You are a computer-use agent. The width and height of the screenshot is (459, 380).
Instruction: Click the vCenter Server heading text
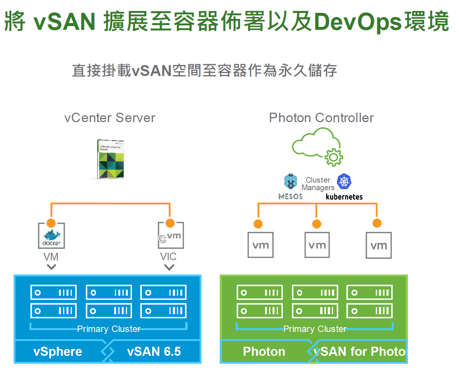point(110,118)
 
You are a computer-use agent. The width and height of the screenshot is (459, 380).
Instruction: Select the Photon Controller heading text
point(321,118)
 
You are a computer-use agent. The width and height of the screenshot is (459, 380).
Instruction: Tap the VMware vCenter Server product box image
point(110,159)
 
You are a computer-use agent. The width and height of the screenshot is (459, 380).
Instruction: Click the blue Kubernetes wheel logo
point(344,181)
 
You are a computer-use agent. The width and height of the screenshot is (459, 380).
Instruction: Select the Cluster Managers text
point(318,184)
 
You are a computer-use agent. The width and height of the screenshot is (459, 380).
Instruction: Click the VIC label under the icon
point(168,257)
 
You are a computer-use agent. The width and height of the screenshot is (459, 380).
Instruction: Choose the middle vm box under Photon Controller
point(317,245)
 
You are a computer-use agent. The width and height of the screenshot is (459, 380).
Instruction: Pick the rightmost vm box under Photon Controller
point(378,245)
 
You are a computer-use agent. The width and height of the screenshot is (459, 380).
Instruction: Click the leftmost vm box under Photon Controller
point(261,245)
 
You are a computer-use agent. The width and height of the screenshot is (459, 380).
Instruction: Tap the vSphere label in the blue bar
point(58,352)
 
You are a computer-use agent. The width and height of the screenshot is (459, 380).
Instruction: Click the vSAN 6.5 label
point(154,352)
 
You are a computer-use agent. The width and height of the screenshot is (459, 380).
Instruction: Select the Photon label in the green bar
point(264,352)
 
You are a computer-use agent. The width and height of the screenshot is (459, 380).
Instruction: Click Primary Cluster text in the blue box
point(109,329)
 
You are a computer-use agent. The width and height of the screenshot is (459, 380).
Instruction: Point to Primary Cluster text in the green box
point(315,329)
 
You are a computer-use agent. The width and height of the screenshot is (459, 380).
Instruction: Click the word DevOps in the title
point(358,22)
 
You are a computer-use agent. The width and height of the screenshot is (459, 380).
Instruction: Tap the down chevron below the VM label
point(51,267)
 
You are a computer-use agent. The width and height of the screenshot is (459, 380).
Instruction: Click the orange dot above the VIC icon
point(170,223)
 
